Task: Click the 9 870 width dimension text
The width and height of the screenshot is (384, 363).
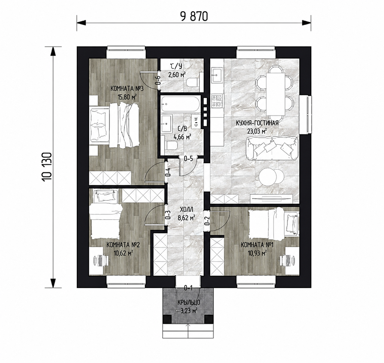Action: (194, 16)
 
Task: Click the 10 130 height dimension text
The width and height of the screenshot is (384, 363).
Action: (48, 167)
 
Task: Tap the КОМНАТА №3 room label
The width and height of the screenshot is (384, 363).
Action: (127, 89)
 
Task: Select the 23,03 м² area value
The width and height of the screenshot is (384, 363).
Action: (257, 131)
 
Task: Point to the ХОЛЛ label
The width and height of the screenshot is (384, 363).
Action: (186, 210)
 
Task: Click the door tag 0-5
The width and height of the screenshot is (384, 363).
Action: (188, 159)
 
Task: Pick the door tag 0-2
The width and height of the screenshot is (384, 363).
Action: (207, 221)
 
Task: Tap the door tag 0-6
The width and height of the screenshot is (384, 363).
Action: (158, 80)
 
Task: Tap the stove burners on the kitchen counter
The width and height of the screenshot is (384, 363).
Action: (217, 101)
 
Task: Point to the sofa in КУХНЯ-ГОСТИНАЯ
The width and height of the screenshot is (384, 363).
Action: (272, 148)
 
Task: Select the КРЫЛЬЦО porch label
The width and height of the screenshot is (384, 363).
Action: (188, 302)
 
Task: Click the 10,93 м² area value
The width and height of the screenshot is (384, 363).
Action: (257, 253)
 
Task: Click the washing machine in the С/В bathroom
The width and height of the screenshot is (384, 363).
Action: (196, 122)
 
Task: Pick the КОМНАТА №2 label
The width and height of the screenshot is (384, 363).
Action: (123, 245)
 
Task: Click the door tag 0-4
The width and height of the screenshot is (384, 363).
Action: (168, 172)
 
